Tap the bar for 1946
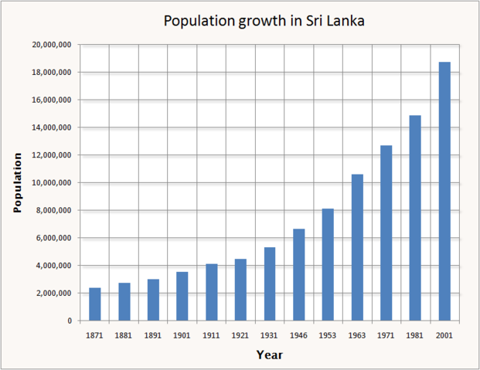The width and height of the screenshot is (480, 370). coord(298,274)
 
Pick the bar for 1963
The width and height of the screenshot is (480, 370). coord(357,247)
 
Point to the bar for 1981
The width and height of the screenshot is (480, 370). coord(415,218)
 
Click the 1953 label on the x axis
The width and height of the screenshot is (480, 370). coord(328,336)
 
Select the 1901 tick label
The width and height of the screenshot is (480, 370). coord(182,336)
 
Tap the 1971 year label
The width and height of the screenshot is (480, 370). coord(386,336)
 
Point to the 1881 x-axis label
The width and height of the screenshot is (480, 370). coord(124,336)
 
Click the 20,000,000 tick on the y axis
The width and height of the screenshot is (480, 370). coord(53,45)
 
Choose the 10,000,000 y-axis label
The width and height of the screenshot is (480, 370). coord(53,183)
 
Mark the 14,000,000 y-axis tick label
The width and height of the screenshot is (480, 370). coord(53,127)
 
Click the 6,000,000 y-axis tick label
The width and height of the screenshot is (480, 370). coord(54,238)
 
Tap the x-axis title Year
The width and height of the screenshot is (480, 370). coord(270,355)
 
